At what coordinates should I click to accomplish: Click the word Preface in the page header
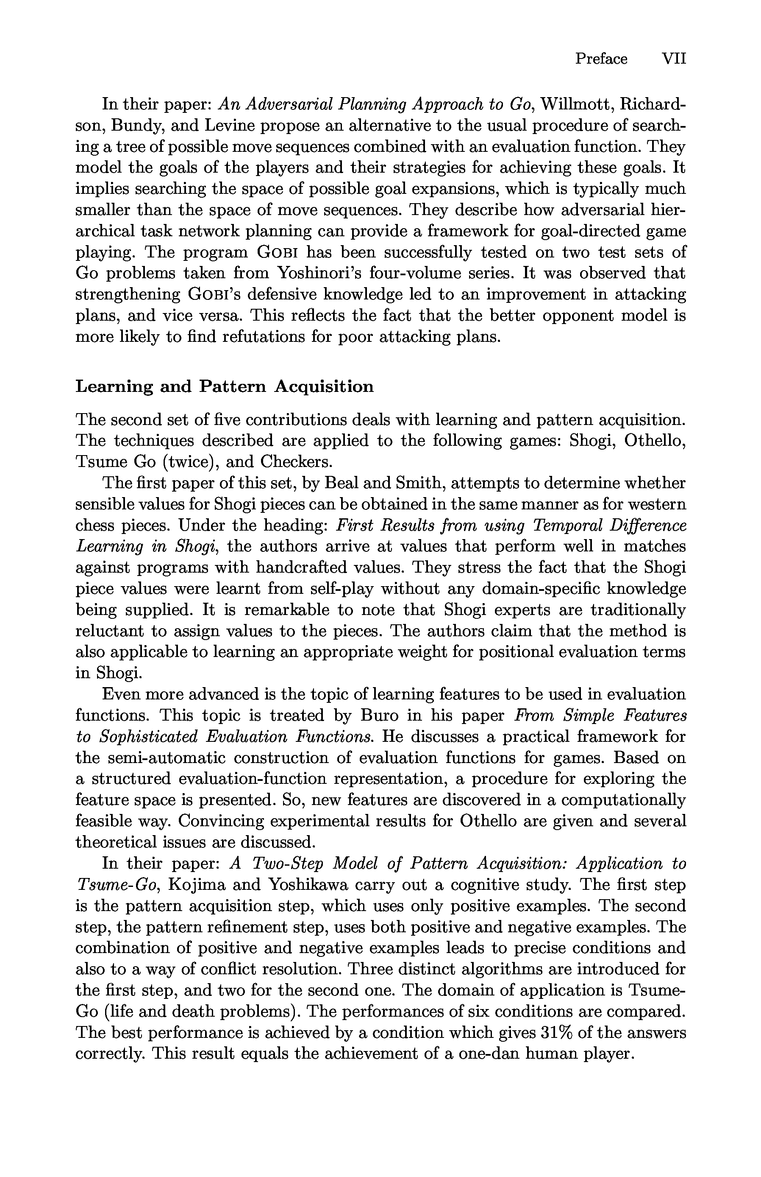pyautogui.click(x=601, y=59)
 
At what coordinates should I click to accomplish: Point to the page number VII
pyautogui.click(x=674, y=59)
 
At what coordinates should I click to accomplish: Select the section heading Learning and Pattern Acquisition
pyautogui.click(x=224, y=386)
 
